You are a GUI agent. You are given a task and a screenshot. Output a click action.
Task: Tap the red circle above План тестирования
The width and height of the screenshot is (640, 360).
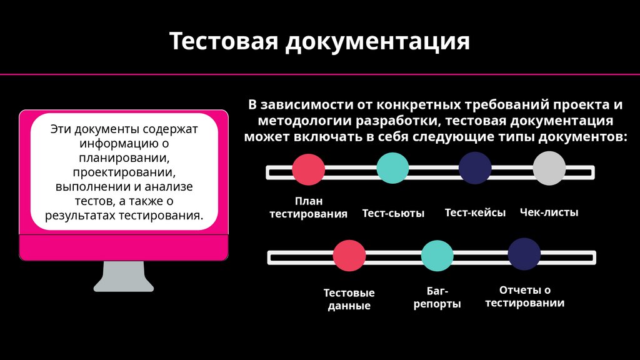click(309, 169)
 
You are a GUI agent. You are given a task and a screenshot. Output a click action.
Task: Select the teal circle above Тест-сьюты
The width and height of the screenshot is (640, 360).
click(392, 167)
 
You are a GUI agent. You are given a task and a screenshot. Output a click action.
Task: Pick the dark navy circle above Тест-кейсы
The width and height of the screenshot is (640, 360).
click(475, 167)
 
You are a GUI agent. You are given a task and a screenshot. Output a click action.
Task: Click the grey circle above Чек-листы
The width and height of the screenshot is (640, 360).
click(549, 168)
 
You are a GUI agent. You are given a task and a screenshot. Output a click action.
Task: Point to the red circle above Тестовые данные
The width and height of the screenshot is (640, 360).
click(349, 256)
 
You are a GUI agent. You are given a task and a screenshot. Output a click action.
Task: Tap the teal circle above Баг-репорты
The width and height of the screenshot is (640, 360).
click(437, 255)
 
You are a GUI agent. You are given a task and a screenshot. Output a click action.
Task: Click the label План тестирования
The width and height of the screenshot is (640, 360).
click(308, 207)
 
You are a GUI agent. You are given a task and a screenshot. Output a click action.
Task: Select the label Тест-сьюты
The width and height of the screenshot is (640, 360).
click(393, 213)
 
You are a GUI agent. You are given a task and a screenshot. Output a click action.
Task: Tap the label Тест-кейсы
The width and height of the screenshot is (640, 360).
click(475, 212)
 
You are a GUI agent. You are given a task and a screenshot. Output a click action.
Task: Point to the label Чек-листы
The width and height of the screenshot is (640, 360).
click(549, 212)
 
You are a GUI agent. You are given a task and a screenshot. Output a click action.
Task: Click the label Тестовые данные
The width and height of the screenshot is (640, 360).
click(349, 299)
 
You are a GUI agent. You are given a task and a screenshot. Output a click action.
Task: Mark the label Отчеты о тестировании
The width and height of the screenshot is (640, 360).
click(525, 296)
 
